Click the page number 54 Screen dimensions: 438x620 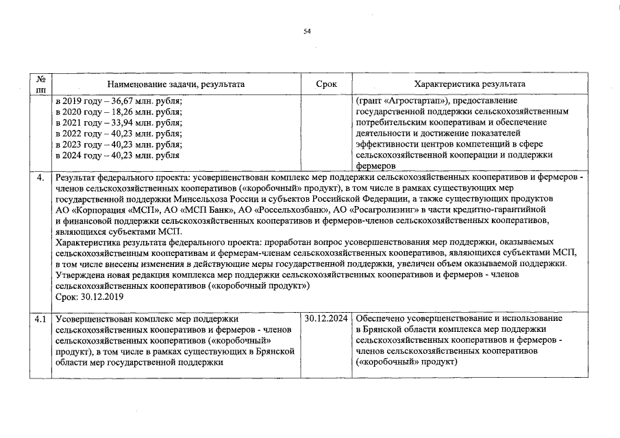tap(307, 30)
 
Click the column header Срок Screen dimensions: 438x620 tap(326, 83)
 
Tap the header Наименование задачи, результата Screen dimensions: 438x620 tap(176, 83)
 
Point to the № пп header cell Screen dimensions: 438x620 tap(41, 83)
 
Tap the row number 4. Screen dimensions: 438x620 tap(41, 178)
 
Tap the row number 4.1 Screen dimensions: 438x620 tap(41, 319)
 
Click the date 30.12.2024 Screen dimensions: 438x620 tap(326, 319)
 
